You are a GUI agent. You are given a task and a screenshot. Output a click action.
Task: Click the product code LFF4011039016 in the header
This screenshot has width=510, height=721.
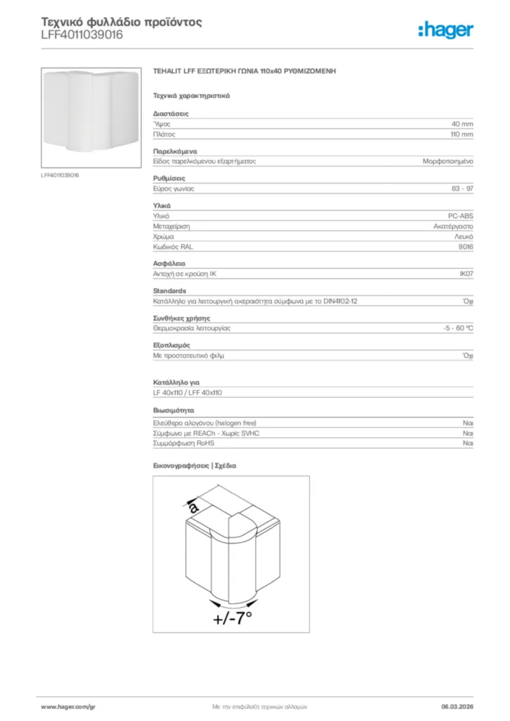point(82,35)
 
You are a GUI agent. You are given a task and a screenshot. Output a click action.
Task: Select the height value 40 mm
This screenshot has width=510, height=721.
point(462,123)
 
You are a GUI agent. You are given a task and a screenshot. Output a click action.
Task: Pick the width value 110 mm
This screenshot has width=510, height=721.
point(461,134)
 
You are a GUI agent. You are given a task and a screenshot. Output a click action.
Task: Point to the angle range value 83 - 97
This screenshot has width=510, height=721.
point(462,189)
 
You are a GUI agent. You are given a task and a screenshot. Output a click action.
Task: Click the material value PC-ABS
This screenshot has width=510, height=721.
point(461,216)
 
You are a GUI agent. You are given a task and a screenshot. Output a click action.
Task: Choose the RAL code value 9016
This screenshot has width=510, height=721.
point(466,247)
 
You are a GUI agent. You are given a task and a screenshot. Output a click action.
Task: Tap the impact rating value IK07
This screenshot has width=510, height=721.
point(466,274)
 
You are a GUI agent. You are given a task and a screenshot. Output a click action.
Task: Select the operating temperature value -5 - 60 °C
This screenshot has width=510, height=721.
point(453,328)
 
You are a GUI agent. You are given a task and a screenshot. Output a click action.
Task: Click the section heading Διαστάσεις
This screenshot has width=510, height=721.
point(170,113)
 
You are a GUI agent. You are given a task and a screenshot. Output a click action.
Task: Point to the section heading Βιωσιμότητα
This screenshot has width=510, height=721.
point(173,410)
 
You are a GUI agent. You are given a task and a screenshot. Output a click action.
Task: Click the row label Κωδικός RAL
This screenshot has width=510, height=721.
point(173,247)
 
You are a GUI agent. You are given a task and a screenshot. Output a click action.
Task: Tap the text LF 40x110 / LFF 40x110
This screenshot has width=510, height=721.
point(188,392)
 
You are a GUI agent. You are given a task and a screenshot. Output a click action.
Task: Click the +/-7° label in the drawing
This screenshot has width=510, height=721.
point(232,618)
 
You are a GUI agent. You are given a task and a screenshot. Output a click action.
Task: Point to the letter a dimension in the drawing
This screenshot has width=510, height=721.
point(193,506)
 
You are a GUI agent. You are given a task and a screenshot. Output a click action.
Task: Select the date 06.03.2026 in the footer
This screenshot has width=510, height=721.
point(457,706)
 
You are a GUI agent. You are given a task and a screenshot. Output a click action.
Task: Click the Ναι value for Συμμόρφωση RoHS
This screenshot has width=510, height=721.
point(468,444)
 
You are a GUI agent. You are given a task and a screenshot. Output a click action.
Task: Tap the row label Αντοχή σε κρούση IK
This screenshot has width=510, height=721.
point(189,274)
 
